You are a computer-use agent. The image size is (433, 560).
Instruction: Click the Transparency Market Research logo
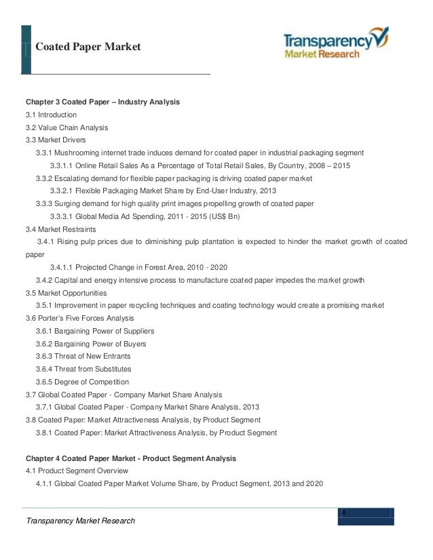click(x=337, y=44)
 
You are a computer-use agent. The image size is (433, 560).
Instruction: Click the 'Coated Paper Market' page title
click(x=88, y=47)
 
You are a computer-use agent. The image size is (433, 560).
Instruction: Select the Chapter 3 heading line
click(x=102, y=102)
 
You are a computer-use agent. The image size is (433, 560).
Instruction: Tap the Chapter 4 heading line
click(x=131, y=458)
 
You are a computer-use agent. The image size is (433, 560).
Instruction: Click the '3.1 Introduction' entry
click(x=52, y=115)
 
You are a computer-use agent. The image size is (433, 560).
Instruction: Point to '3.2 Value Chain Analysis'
click(x=67, y=127)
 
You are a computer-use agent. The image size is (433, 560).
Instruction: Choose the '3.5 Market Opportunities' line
click(x=67, y=293)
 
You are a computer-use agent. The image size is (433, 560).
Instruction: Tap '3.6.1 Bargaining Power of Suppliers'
click(x=95, y=331)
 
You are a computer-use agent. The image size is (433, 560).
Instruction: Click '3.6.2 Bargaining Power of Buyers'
click(x=91, y=344)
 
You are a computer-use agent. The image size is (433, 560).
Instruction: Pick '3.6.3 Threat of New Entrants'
click(x=83, y=356)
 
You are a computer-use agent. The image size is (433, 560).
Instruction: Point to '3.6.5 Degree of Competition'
click(x=83, y=382)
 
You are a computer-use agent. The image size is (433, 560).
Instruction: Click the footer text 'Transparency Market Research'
click(x=80, y=520)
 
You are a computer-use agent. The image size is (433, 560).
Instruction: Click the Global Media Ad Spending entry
click(x=141, y=217)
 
